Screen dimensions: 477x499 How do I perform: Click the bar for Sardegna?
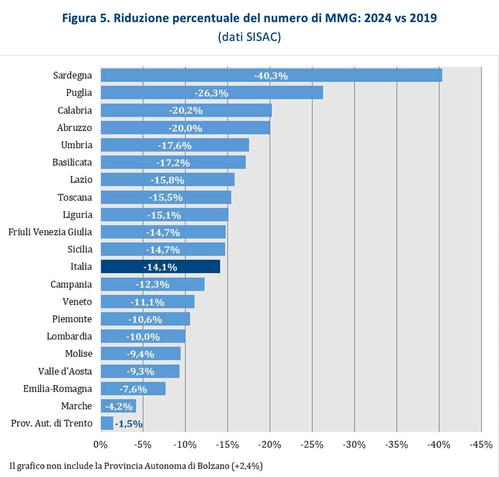(x=271, y=75)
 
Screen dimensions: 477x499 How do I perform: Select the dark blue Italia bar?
(x=160, y=267)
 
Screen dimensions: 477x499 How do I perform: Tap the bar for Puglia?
(x=212, y=93)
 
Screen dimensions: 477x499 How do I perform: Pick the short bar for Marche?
(x=118, y=406)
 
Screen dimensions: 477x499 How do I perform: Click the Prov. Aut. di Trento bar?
(x=107, y=423)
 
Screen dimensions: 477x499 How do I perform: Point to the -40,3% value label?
(x=270, y=75)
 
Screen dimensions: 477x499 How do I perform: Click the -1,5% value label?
(x=128, y=424)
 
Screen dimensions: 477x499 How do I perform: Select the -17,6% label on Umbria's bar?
(x=174, y=146)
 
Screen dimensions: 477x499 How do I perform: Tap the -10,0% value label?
(x=143, y=337)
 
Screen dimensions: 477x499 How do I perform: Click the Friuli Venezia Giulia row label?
(x=50, y=232)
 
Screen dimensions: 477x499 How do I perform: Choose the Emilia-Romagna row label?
(x=58, y=389)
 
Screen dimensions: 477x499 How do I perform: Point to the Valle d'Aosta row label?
(x=65, y=372)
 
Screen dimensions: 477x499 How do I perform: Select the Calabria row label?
(x=75, y=110)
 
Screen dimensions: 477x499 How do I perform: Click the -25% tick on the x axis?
(x=312, y=445)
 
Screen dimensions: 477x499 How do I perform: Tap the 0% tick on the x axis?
(x=101, y=445)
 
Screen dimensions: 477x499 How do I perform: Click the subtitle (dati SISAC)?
(x=249, y=37)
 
